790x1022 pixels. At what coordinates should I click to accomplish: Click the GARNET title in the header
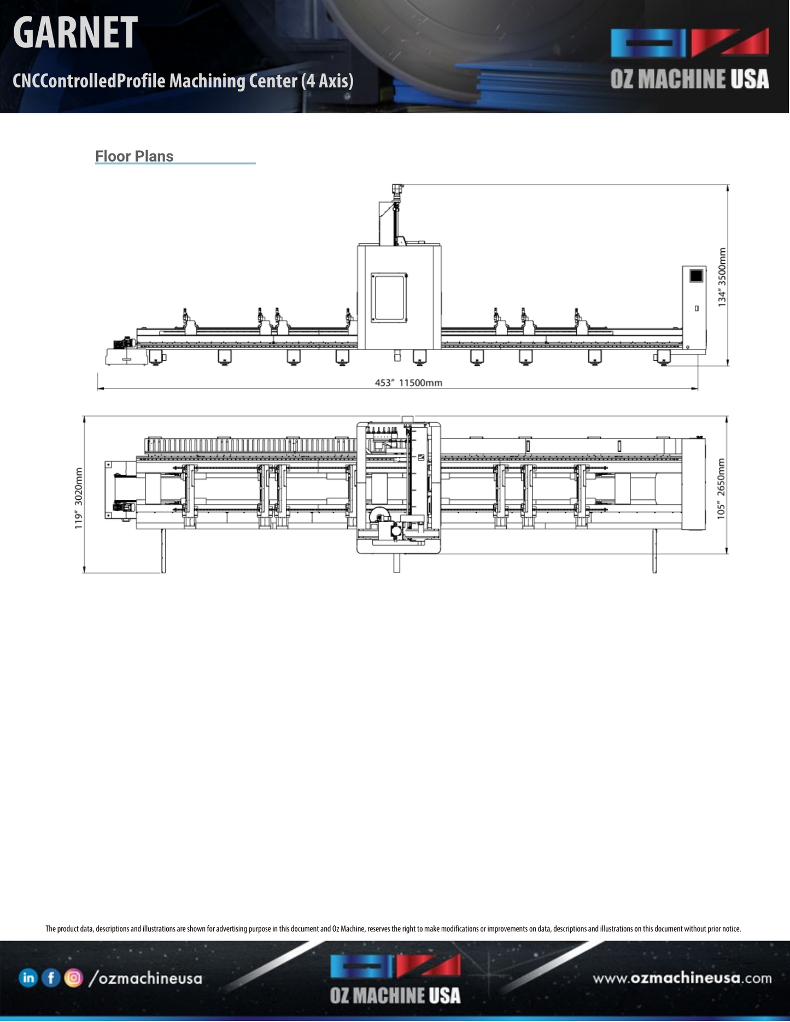click(75, 33)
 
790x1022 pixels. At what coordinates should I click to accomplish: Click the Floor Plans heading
click(134, 156)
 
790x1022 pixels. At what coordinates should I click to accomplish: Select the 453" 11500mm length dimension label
click(408, 383)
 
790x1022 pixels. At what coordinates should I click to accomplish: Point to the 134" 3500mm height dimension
click(722, 277)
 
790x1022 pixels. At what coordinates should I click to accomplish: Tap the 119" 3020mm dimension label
click(79, 498)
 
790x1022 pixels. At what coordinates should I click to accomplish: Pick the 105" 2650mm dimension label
click(721, 488)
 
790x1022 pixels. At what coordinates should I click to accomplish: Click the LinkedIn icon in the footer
click(28, 978)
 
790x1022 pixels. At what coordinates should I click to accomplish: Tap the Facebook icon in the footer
click(51, 978)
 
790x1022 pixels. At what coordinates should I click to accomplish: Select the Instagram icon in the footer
click(73, 978)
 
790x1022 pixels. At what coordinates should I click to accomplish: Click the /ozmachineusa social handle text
click(145, 978)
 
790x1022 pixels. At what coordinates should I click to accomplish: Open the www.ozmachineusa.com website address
click(682, 978)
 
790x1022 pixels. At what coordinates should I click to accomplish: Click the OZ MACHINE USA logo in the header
click(689, 58)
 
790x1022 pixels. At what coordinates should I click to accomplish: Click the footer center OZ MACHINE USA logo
click(395, 981)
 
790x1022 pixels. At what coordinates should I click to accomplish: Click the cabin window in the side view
click(389, 298)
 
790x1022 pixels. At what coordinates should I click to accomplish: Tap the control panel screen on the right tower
click(696, 276)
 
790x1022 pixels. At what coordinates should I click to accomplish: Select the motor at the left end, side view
click(122, 344)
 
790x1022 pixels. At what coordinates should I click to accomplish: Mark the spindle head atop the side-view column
click(397, 191)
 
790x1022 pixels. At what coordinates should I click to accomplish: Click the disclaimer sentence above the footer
click(393, 929)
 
